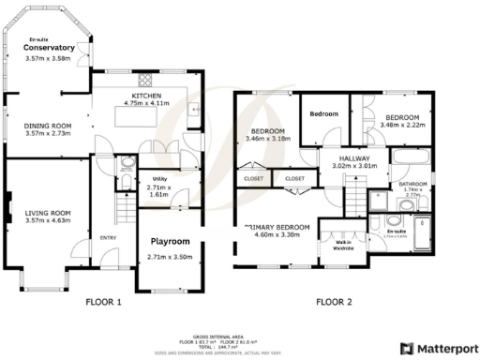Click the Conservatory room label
point(49,47)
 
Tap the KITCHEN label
point(144,96)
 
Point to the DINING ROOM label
point(48,127)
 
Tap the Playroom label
point(170,241)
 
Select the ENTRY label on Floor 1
point(107,238)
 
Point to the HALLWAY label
point(355,159)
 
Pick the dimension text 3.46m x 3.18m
point(267,139)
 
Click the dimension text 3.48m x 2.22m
point(404,125)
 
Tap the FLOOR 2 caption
point(333,302)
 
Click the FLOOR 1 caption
point(104,302)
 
